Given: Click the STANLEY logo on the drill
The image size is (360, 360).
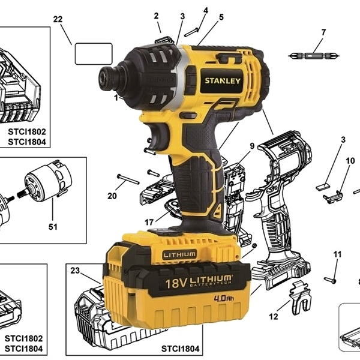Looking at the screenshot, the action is pos(223,81).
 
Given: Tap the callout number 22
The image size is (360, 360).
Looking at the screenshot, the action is pos(58,19).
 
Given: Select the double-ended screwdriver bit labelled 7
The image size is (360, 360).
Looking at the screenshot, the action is pos(314,56).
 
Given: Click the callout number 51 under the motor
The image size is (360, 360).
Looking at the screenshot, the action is pos(53,227).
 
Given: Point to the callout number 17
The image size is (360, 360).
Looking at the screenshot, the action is pos(149,222).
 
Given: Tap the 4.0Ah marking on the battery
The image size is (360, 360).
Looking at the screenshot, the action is pos(224,298).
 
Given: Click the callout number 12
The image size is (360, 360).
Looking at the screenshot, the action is pos(274,317).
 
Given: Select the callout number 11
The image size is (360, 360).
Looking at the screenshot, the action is pos(337,254).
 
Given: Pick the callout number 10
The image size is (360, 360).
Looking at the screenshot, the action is pos(350,161).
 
